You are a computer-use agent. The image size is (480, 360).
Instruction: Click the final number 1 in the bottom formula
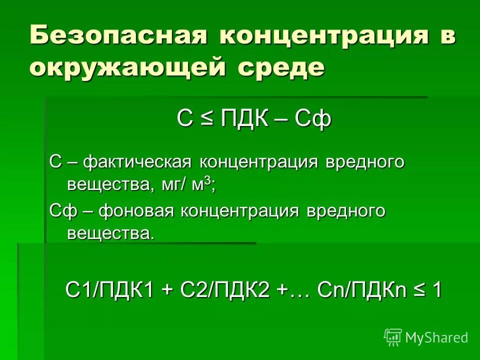[436, 290]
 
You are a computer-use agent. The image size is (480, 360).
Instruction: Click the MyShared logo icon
[393, 337]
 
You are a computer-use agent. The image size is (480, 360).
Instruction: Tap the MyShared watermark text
[436, 338]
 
